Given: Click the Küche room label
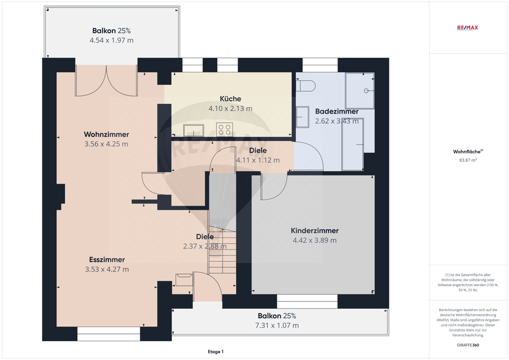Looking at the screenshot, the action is click(x=231, y=99).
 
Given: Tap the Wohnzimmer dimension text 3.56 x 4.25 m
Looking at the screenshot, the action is click(x=106, y=144).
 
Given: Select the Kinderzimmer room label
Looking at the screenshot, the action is click(x=315, y=231).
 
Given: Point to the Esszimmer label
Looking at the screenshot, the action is click(x=107, y=259).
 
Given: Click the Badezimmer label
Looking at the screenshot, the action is click(x=337, y=112).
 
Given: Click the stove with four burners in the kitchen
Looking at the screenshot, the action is click(x=224, y=129).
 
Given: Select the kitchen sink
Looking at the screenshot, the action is click(x=193, y=130).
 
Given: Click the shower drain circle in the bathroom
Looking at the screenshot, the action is click(x=366, y=91).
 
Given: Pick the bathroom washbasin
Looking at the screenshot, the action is click(x=302, y=117).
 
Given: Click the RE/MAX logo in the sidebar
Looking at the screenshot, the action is click(x=467, y=28).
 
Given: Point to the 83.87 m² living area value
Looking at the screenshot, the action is click(x=468, y=160).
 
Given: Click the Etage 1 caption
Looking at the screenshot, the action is click(x=215, y=351).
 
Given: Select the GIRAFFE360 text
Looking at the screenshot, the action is click(x=468, y=345).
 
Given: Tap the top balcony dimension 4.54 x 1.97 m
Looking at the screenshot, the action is click(x=111, y=40).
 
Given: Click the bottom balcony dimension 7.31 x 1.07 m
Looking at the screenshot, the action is click(x=277, y=325).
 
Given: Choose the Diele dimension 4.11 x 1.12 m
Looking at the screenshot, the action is click(x=258, y=160).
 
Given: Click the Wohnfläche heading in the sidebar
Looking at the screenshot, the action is click(x=468, y=152).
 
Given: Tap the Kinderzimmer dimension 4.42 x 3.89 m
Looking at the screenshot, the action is click(x=315, y=240).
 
